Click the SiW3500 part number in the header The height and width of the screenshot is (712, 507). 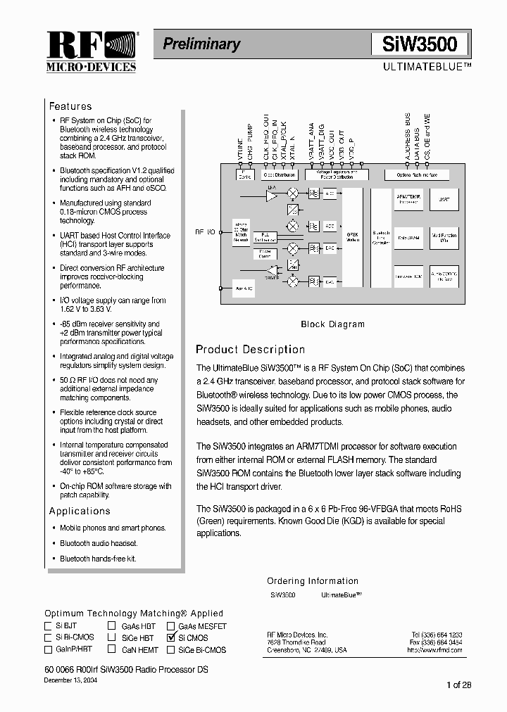pyautogui.click(x=420, y=44)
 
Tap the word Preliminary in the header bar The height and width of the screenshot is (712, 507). pyautogui.click(x=201, y=44)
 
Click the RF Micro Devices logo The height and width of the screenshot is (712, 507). pyautogui.click(x=91, y=52)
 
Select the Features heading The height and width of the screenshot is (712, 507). pyautogui.click(x=70, y=106)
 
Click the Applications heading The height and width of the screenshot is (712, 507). pyautogui.click(x=80, y=511)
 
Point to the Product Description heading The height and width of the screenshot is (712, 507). pyautogui.click(x=250, y=350)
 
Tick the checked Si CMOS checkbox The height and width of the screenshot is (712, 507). pyautogui.click(x=171, y=637)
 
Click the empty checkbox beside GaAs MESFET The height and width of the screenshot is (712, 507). pyautogui.click(x=171, y=625)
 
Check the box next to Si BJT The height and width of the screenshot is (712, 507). pyautogui.click(x=49, y=625)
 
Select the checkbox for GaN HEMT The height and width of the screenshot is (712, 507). pyautogui.click(x=112, y=649)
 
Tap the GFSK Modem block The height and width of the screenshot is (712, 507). pyautogui.click(x=352, y=238)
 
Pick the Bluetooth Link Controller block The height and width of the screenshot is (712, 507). pyautogui.click(x=381, y=238)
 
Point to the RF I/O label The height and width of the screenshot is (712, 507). pyautogui.click(x=206, y=231)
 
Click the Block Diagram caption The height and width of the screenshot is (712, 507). pyautogui.click(x=332, y=324)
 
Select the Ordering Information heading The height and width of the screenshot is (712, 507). pyautogui.click(x=313, y=581)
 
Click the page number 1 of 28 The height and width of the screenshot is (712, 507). pyautogui.click(x=458, y=685)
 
